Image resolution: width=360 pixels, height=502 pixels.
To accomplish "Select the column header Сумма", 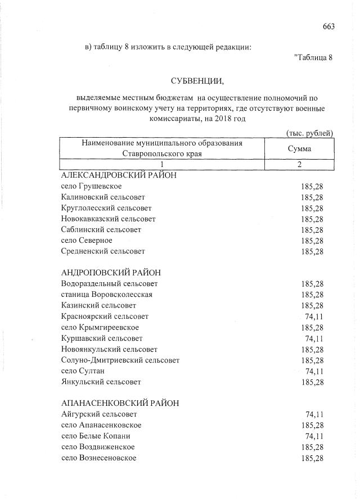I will [299, 149].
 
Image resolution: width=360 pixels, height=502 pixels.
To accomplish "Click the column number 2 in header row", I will [299, 164].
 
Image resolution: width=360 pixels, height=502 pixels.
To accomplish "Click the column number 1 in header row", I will [162, 164].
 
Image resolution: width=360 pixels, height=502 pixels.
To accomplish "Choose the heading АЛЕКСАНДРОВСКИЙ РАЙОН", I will [119, 175].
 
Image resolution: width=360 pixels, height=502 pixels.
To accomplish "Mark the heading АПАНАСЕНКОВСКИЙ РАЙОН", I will [120, 403].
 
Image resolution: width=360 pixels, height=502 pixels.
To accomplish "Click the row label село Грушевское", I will [91, 186].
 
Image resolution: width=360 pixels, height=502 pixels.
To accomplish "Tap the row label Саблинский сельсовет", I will [101, 230].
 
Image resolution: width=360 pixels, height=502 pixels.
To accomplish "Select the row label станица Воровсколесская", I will [106, 295].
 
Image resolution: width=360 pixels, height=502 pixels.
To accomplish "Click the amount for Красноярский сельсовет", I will [314, 316].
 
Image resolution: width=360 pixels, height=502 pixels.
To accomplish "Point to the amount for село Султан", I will [314, 371].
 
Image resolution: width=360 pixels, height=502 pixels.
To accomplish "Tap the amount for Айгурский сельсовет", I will [314, 414].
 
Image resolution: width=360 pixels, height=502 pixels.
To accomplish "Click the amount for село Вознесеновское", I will [312, 458].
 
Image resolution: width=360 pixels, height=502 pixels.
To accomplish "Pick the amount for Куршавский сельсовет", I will [314, 338].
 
